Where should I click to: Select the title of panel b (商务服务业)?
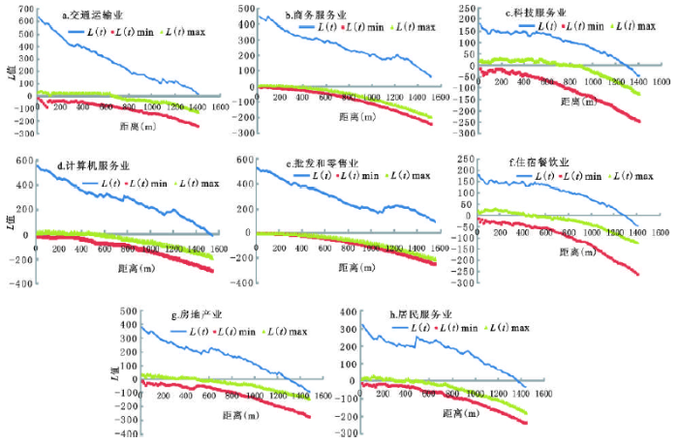pyautogui.click(x=319, y=15)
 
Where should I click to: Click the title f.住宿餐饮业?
pyautogui.click(x=534, y=162)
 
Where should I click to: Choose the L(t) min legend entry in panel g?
pyautogui.click(x=233, y=330)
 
